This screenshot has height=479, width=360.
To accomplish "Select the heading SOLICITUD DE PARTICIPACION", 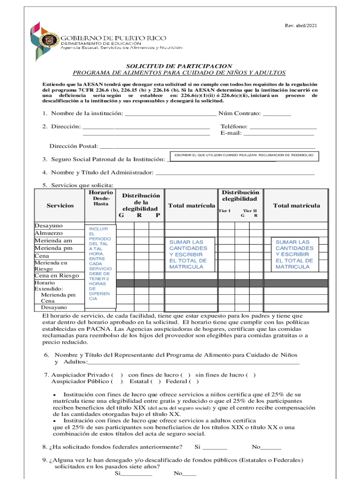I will pyautogui.click(x=179, y=66).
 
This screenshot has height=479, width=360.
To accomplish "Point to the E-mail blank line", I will pyautogui.click(x=279, y=133).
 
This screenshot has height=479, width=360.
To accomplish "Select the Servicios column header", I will pyautogui.click(x=60, y=205).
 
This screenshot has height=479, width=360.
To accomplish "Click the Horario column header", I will pyautogui.click(x=100, y=192).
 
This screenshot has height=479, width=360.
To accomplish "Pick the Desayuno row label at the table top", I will pyautogui.click(x=49, y=226).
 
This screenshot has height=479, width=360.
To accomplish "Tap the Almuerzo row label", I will pyautogui.click(x=49, y=233).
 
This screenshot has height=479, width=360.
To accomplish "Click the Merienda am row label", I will pyautogui.click(x=53, y=240).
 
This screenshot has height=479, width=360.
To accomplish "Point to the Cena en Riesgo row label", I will pyautogui.click(x=57, y=275).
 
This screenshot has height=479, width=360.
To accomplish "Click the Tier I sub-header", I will pyautogui.click(x=225, y=211).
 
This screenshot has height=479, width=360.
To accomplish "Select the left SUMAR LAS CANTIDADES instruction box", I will pyautogui.click(x=188, y=254).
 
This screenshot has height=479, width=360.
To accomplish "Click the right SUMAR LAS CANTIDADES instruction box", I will pyautogui.click(x=294, y=254).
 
